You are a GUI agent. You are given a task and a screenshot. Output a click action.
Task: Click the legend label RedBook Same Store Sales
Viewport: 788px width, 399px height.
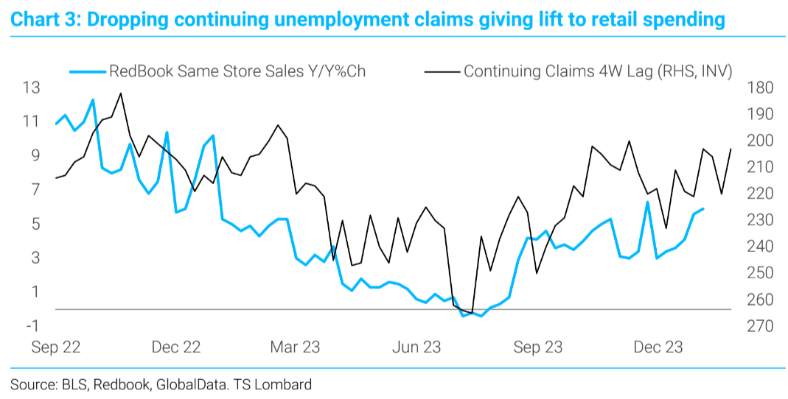click(x=237, y=71)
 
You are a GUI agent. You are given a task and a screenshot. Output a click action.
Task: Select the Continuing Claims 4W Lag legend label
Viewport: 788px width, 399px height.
click(x=597, y=71)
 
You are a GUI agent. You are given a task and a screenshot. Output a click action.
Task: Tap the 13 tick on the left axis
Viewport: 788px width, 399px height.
click(x=31, y=88)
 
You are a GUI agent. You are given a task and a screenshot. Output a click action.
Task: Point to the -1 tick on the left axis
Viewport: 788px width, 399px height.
click(x=32, y=326)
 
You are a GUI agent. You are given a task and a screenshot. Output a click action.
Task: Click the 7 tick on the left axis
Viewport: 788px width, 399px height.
click(x=35, y=190)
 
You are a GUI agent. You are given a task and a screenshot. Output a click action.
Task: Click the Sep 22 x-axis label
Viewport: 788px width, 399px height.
click(x=55, y=347)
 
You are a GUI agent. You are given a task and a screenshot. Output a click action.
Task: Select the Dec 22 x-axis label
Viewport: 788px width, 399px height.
click(x=176, y=347)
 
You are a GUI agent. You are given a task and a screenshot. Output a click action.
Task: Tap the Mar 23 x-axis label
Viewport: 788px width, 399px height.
click(x=296, y=347)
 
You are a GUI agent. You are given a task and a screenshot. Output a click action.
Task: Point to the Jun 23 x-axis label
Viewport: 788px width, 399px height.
click(x=416, y=347)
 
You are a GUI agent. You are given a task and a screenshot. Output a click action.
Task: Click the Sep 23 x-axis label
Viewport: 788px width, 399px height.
click(x=537, y=347)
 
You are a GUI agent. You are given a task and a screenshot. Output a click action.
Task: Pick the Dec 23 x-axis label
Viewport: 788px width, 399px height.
click(x=658, y=347)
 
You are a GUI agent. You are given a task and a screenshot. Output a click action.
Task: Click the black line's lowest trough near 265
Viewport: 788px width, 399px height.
click(x=471, y=312)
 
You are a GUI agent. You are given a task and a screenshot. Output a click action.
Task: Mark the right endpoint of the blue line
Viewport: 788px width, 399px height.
click(x=702, y=208)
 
